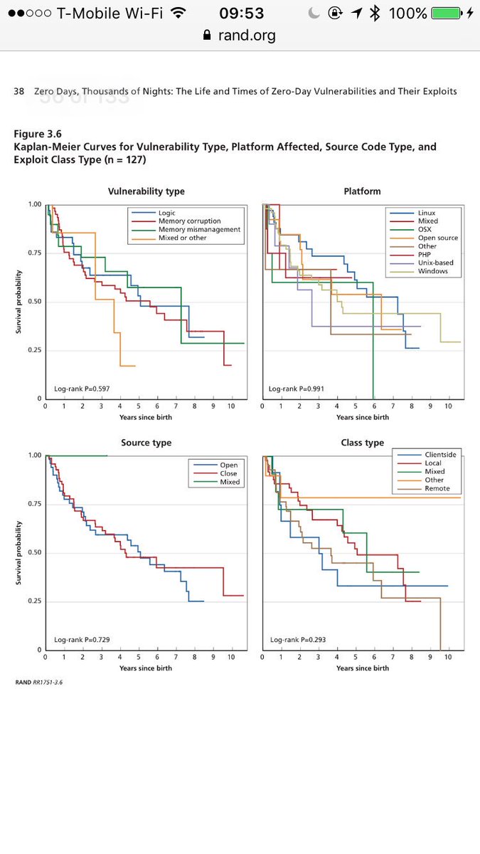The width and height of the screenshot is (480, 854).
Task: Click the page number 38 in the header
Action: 19,91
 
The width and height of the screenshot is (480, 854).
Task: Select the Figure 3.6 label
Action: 38,134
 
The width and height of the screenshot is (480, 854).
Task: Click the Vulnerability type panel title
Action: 146,191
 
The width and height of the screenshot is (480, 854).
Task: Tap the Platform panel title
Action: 363,191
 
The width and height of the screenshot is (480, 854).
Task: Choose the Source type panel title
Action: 146,443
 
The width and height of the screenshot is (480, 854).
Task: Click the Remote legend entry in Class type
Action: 437,489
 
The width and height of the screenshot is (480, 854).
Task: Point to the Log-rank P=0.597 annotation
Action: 82,389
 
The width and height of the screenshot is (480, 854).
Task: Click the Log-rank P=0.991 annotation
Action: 297,389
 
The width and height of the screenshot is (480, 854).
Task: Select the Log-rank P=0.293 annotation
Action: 297,640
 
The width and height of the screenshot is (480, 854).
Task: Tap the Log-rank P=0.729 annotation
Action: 82,640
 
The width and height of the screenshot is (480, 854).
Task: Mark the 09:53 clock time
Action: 242,14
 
